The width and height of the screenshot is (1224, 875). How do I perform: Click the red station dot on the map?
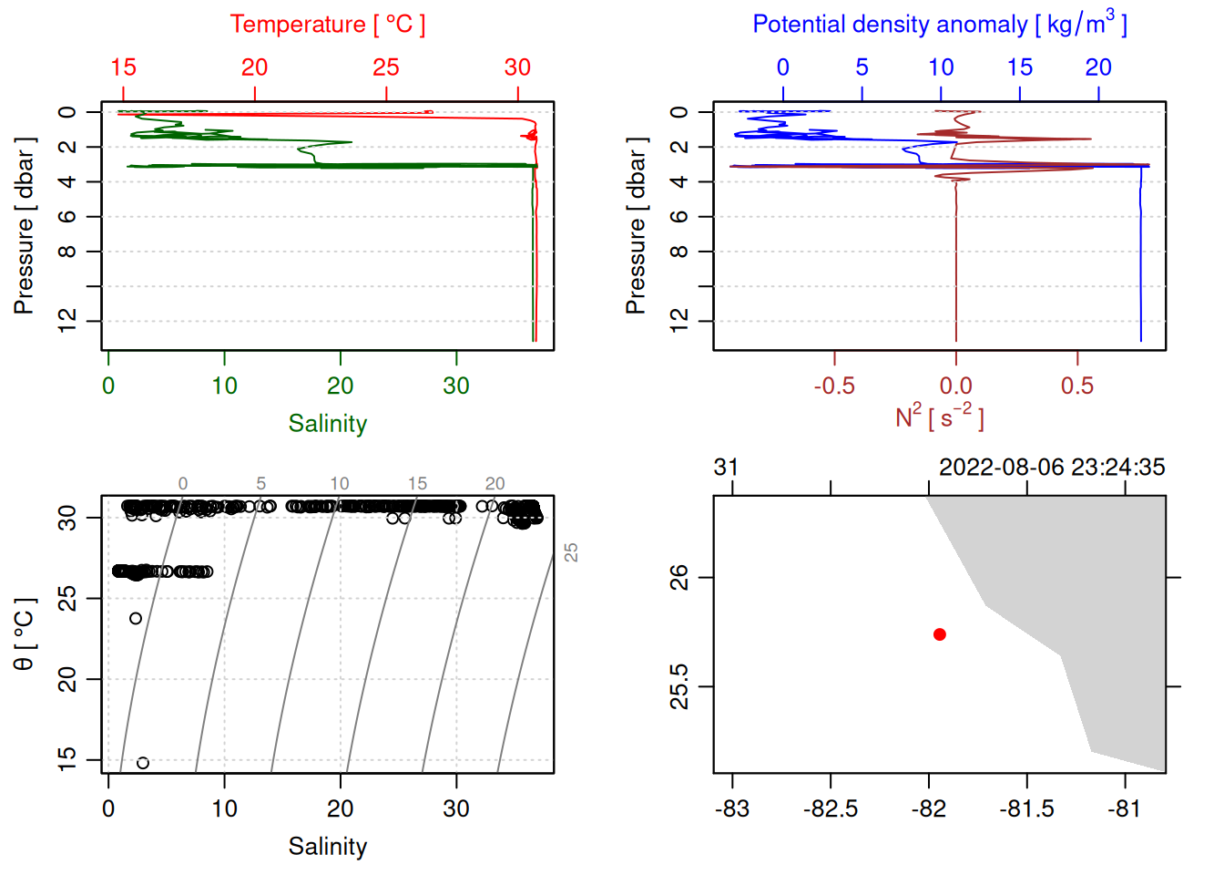tap(939, 634)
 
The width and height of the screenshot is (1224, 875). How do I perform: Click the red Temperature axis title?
tap(327, 25)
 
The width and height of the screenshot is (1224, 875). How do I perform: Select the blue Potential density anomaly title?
tap(939, 25)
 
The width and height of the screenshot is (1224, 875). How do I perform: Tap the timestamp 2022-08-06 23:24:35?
tap(1052, 468)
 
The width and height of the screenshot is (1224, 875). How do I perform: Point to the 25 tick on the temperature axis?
tap(386, 68)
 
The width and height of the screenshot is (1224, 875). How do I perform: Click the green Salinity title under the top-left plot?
tap(327, 424)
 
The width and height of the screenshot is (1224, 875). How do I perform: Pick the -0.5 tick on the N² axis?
tap(834, 386)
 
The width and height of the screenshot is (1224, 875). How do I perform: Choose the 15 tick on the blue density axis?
tap(1020, 68)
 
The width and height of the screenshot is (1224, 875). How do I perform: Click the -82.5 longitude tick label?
tap(830, 809)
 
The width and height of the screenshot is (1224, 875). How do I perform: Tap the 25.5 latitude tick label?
tap(679, 686)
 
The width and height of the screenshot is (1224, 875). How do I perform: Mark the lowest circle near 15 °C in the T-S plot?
tap(143, 763)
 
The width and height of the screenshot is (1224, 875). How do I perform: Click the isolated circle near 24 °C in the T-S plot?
tap(136, 618)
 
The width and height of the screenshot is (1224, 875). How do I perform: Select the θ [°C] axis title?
tap(25, 634)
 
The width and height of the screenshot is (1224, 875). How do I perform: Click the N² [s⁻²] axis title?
tap(939, 417)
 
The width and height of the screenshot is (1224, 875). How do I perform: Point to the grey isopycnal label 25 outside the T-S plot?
tap(571, 552)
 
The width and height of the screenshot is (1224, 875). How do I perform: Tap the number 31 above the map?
tap(726, 468)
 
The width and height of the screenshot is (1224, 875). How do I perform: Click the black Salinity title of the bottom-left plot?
tap(327, 847)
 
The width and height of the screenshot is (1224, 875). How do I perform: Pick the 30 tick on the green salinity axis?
tap(456, 386)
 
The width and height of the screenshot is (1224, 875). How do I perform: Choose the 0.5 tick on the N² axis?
tap(1077, 386)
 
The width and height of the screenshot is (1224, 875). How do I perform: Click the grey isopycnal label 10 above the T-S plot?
tap(340, 484)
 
